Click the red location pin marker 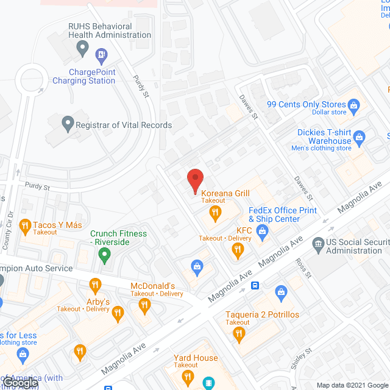pyautogui.click(x=194, y=181)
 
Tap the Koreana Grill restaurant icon pyautogui.click(x=214, y=213)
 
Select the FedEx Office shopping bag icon pyautogui.click(x=263, y=230)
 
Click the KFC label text pyautogui.click(x=244, y=230)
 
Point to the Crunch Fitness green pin pyautogui.click(x=105, y=255)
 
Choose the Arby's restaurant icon pyautogui.click(x=118, y=314)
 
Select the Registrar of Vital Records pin pyautogui.click(x=68, y=125)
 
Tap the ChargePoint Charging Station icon pyautogui.click(x=101, y=56)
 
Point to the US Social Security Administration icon pyautogui.click(x=317, y=246)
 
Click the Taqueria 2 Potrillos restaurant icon pyautogui.click(x=239, y=333)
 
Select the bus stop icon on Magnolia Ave pyautogui.click(x=255, y=285)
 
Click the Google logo pyautogui.click(x=19, y=383)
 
